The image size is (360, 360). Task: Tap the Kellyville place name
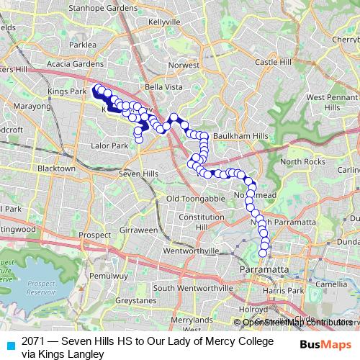click(x=163, y=22)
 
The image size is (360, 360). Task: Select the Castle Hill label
click(x=271, y=63)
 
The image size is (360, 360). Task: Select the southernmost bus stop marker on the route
click(x=264, y=253)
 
